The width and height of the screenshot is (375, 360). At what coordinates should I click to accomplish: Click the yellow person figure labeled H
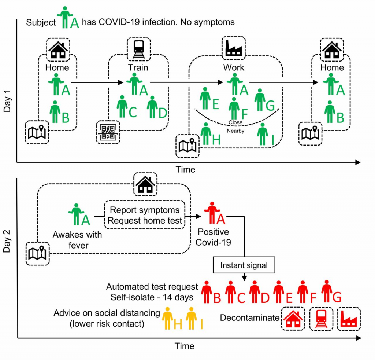click(x=168, y=318)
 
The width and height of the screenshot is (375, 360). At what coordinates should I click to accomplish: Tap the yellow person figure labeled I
click(x=191, y=318)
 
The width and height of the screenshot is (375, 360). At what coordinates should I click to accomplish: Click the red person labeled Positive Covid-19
click(x=211, y=213)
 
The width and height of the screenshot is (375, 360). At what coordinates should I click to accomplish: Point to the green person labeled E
click(x=205, y=98)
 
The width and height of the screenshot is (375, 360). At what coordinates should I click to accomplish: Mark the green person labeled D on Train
click(x=152, y=107)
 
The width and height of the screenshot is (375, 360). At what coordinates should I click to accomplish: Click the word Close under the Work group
click(x=235, y=122)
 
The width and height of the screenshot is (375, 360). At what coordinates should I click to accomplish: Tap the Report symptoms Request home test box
click(x=145, y=215)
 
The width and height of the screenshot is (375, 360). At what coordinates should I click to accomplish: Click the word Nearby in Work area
click(x=235, y=131)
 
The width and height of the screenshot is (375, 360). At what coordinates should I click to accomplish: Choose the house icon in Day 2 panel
click(x=145, y=184)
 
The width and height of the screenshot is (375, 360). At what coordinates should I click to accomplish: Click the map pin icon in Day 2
click(x=37, y=253)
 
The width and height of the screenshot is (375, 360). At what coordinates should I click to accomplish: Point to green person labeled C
click(x=122, y=107)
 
